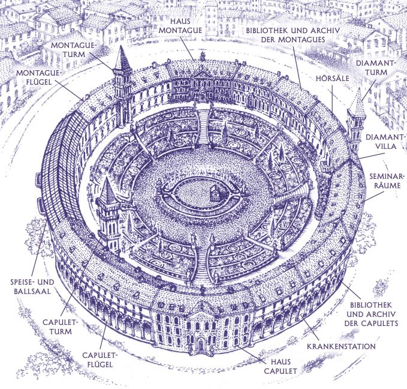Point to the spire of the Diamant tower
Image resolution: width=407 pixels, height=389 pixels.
coord(357,102)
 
